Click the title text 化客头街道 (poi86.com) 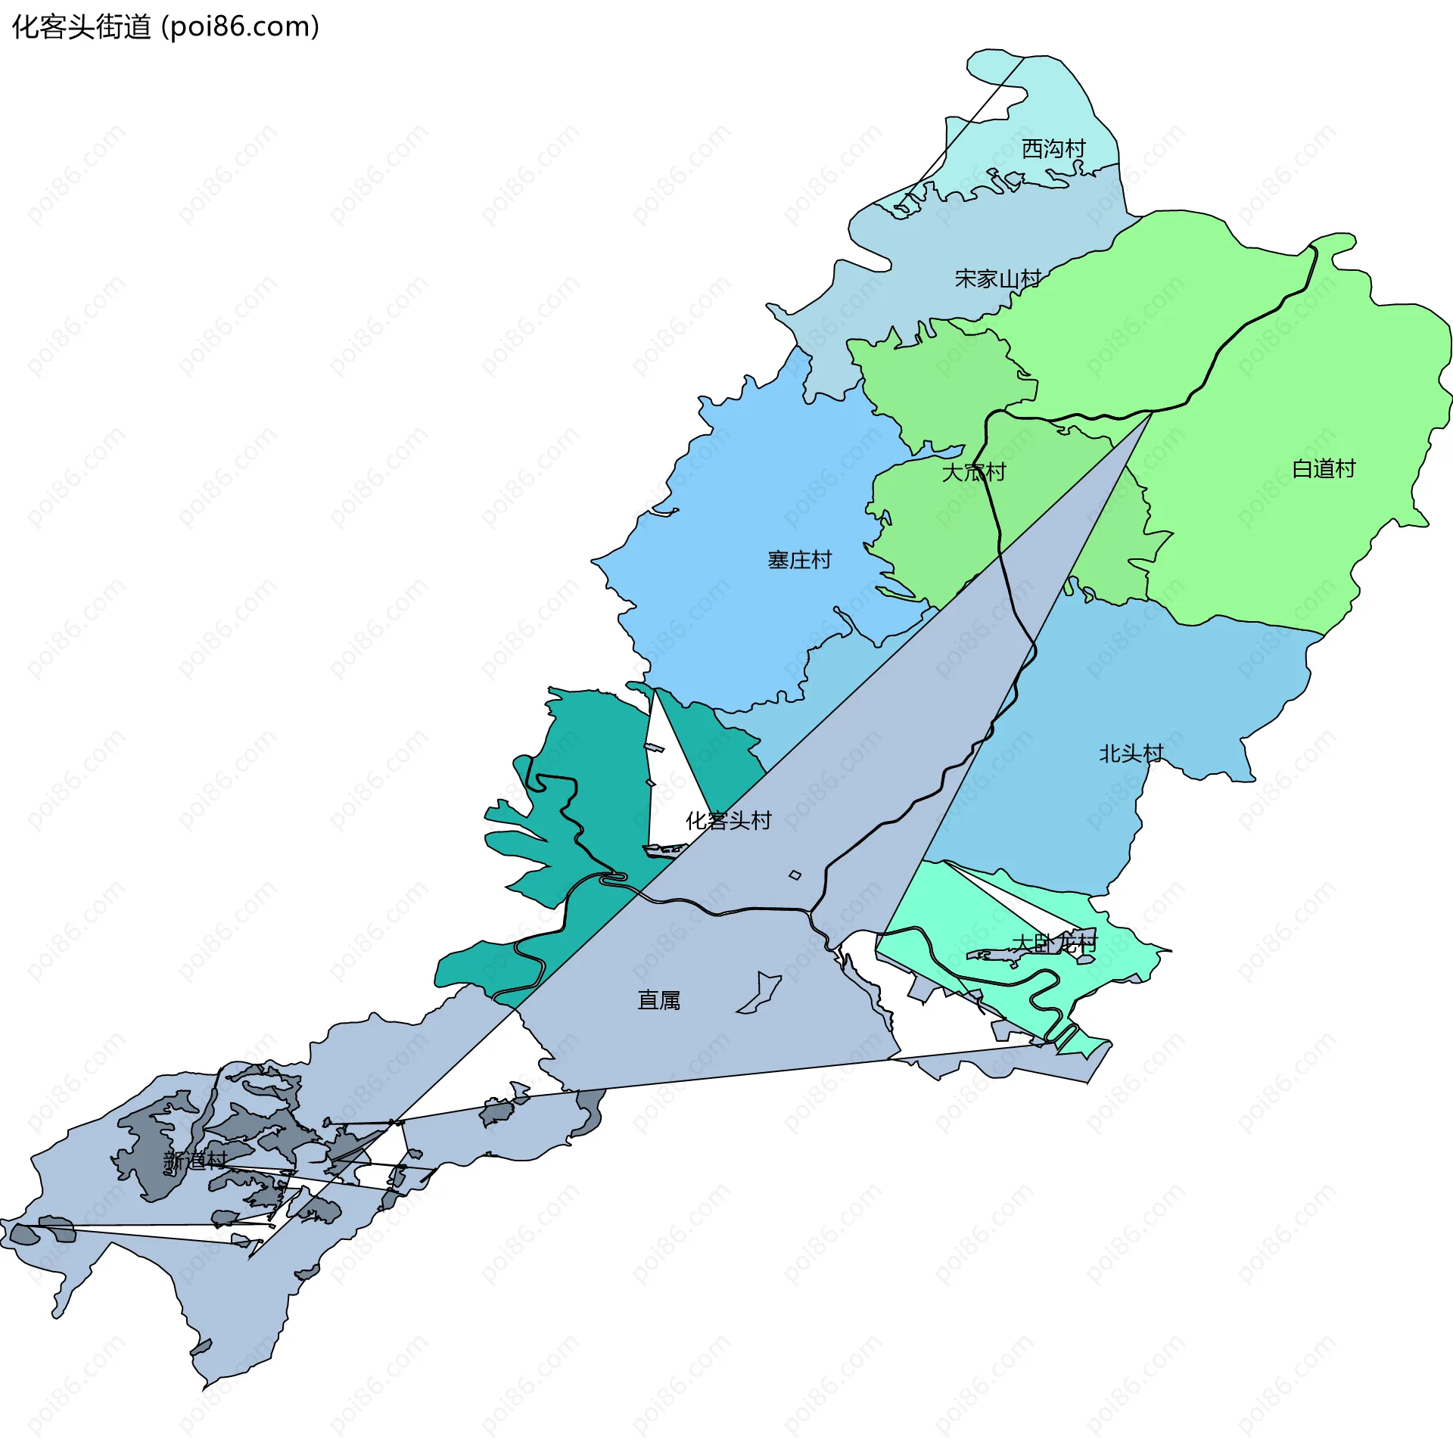[x=166, y=27]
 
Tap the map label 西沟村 [x=1053, y=149]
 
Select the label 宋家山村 [x=998, y=279]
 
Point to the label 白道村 [x=1324, y=469]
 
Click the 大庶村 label [x=974, y=472]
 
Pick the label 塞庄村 [x=800, y=560]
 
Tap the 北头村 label [x=1131, y=754]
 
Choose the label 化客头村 [x=728, y=820]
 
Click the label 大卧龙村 [x=1054, y=943]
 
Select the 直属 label [x=659, y=1000]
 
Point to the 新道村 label [x=195, y=1161]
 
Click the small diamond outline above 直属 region [x=795, y=875]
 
